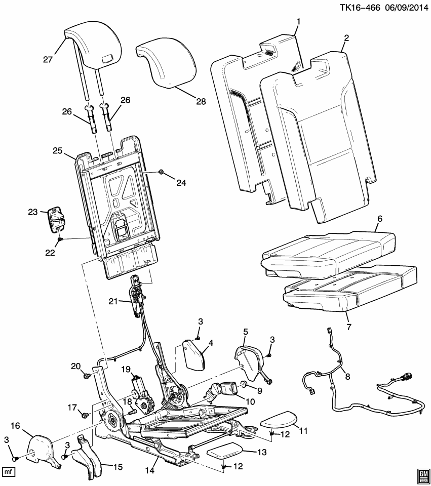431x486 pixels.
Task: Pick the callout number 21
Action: [113, 302]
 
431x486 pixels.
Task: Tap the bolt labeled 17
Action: [84, 415]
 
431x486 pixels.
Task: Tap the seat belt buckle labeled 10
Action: [223, 391]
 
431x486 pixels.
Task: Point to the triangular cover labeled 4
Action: [193, 358]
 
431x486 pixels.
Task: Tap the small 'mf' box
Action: [9, 471]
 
